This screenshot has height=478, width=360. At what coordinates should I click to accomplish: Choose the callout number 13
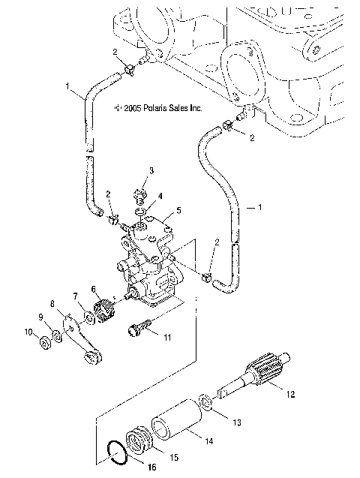[238, 422]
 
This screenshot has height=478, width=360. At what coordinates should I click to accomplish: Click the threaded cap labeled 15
[140, 440]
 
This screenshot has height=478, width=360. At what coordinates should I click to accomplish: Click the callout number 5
[178, 211]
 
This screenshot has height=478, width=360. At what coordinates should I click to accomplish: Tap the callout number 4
[157, 196]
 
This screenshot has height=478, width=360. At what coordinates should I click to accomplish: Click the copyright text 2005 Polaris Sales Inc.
[158, 107]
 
